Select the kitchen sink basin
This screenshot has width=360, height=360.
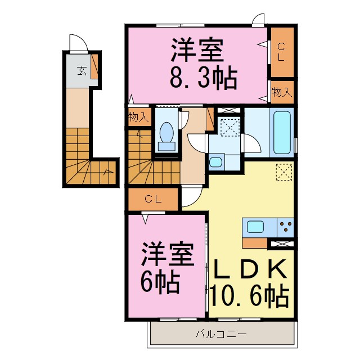pyautogui.click(x=255, y=228)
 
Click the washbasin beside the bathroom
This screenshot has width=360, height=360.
pyautogui.click(x=215, y=163)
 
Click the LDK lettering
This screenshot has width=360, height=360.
pyautogui.click(x=250, y=269)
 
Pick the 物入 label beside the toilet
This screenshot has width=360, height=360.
pyautogui.click(x=138, y=118)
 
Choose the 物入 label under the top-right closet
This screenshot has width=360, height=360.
pyautogui.click(x=281, y=92)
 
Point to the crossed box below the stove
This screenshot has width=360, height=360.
pyautogui.click(x=282, y=244)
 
